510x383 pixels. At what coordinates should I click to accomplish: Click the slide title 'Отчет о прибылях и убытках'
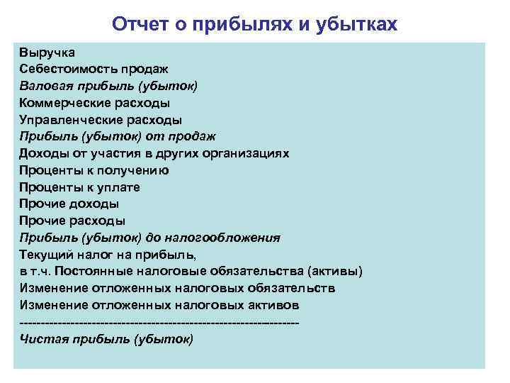[x=255, y=25]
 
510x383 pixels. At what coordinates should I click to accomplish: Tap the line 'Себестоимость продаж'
[x=93, y=69]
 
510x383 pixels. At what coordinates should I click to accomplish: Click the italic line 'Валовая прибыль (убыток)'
[x=108, y=86]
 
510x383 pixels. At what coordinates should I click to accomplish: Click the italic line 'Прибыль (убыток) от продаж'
[x=117, y=136]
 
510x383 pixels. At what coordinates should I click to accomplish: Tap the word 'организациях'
[x=247, y=153]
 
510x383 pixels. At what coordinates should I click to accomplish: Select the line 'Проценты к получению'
[x=93, y=170]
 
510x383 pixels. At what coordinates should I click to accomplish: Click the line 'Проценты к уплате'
[x=79, y=187]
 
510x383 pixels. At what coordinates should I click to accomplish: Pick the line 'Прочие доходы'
[x=69, y=204]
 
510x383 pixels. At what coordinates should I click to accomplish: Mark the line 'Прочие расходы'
[x=72, y=221]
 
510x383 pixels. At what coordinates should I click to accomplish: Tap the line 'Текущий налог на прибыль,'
[x=107, y=255]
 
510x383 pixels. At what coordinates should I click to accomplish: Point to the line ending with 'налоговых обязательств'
[x=177, y=289]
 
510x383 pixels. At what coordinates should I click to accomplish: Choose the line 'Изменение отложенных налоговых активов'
[x=159, y=305]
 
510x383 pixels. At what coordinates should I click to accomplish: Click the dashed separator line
[x=159, y=323]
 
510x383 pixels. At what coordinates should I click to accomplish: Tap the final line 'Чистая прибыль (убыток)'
[x=106, y=339]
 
